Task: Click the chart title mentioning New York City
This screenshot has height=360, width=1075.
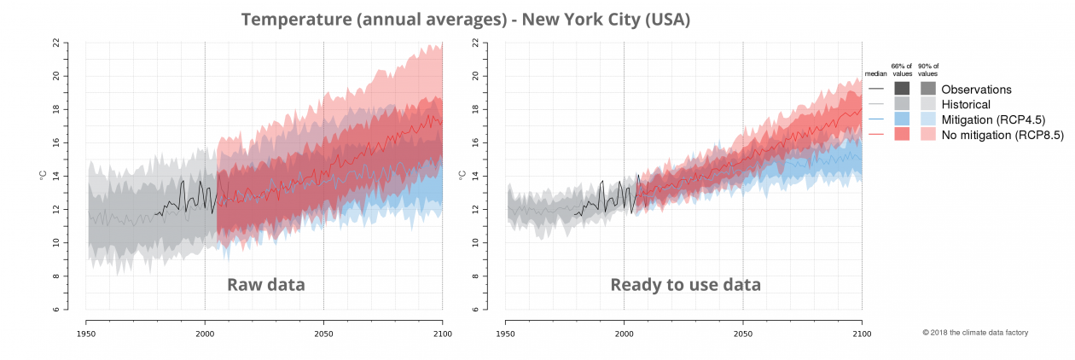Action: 465,19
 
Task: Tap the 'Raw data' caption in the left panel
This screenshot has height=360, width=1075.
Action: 265,285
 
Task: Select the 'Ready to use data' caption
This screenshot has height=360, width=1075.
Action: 685,285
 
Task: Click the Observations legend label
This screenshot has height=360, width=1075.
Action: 976,89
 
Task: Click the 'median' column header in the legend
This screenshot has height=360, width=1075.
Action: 875,74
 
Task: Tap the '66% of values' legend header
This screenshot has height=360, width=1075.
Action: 902,69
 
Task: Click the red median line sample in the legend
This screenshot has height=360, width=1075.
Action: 875,135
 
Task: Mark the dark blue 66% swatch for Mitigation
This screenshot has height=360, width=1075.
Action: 902,119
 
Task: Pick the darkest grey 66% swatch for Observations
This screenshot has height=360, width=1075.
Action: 902,89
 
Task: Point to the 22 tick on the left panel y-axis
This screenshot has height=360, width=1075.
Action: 55,42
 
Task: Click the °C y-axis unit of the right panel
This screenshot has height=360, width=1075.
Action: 462,176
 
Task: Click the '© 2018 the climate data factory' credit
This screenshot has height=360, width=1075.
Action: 975,332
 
